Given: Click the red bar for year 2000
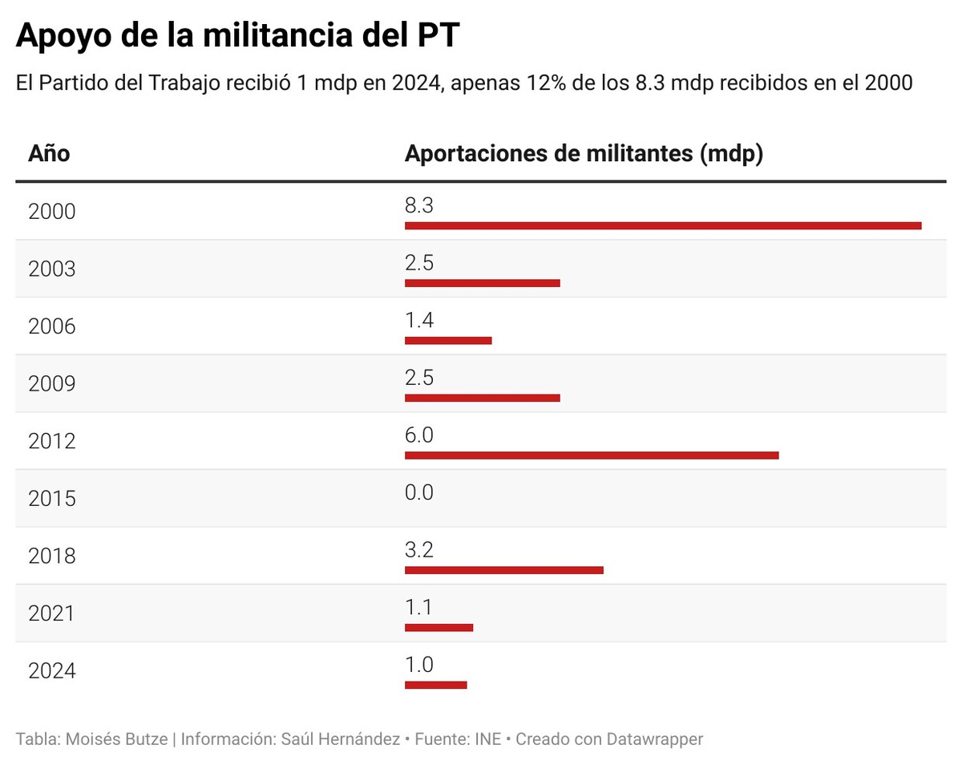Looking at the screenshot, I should pos(663,226).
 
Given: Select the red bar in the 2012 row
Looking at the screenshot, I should pos(592,455).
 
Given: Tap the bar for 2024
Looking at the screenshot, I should pos(435,685).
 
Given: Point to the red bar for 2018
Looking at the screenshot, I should pos(503,570).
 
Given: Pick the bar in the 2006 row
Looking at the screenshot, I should pos(448,341).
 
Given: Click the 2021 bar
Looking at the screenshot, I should pos(439,627).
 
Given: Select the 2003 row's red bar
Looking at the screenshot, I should pos(482,283).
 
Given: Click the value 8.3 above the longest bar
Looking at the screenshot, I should pos(418,206).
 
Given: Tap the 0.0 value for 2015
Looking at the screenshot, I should pos(418,492).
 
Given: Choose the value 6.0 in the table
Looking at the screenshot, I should pos(418,435).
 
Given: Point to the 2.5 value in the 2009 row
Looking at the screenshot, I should pos(418,378).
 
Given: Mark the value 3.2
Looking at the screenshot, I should pos(418,550).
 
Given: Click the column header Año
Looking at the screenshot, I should pos(49,153).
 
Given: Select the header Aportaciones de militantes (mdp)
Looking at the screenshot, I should pos(584,153).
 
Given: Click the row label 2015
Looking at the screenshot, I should pos(52,499).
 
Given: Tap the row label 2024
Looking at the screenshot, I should pos(52,671).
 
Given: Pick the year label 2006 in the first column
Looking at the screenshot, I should pos(52,326).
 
